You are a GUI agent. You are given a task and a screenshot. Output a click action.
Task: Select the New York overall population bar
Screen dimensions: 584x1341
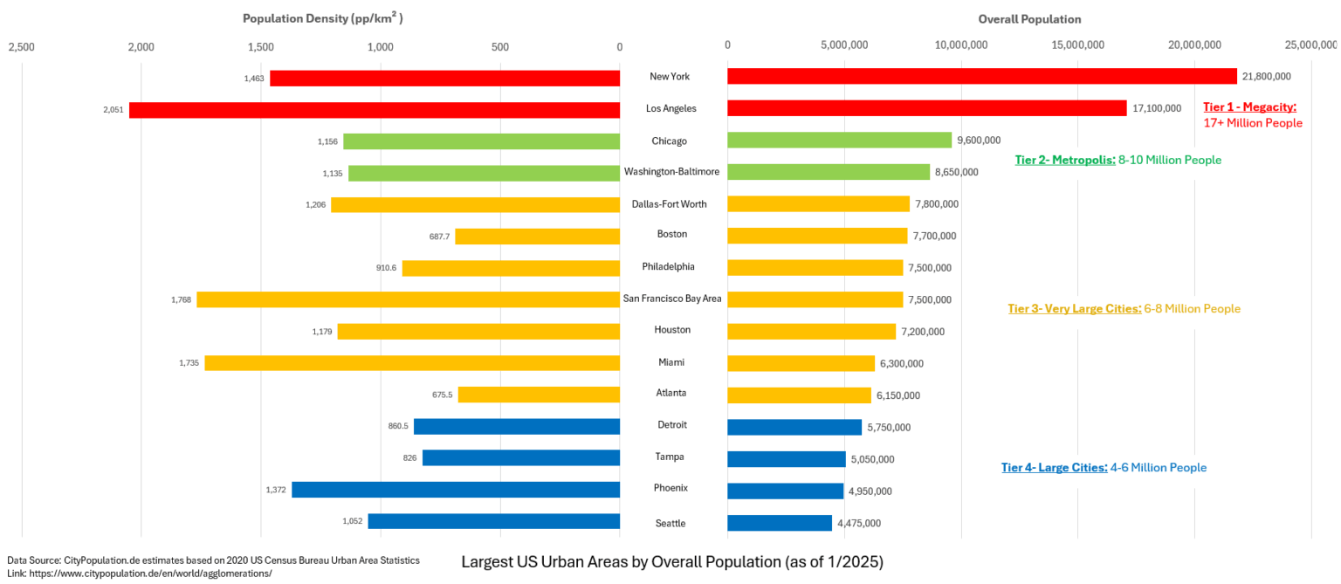coord(981,77)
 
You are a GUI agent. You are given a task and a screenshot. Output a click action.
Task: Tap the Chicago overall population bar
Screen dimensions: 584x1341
coord(839,141)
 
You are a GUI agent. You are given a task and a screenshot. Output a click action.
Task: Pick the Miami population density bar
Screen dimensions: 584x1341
coord(412,363)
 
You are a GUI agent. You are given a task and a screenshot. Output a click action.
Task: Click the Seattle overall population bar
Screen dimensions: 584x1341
coord(779,523)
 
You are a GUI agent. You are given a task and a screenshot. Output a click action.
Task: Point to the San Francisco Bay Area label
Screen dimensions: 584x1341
coord(671,299)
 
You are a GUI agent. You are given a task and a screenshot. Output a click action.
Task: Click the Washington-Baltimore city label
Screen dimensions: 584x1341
coord(671,172)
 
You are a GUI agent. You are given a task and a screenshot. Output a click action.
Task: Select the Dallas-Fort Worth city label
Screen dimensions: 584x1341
coord(669,204)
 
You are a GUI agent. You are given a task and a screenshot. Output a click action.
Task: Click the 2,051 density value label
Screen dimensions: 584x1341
coord(113,110)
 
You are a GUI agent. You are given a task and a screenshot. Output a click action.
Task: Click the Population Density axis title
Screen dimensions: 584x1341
coord(322,18)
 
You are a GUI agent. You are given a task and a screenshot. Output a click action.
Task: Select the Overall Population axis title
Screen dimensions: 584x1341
coord(1029,18)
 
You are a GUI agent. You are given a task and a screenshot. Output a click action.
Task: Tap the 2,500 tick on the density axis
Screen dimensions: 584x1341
coord(21,46)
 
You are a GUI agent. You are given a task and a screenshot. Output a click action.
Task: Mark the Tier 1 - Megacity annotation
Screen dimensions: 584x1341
coord(1249,107)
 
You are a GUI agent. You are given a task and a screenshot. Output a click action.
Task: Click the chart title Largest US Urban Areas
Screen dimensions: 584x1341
coord(671,562)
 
